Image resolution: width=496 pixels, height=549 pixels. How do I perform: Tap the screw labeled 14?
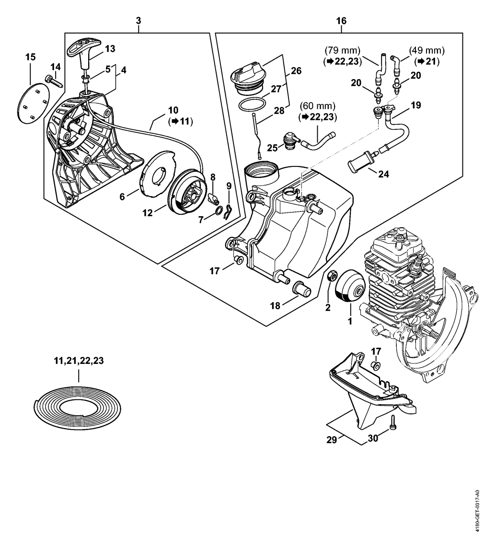(x=53, y=81)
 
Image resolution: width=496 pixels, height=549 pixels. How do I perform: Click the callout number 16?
(x=341, y=21)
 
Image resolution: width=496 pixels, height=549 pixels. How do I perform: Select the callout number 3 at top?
(x=138, y=20)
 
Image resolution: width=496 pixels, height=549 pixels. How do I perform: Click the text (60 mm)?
(x=318, y=105)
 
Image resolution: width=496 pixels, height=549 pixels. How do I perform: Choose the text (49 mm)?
(x=427, y=51)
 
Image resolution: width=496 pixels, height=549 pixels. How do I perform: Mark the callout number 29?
(x=331, y=439)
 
